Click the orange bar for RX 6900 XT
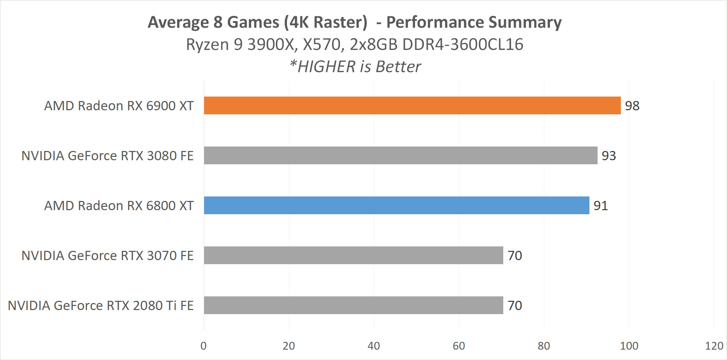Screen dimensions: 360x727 412,105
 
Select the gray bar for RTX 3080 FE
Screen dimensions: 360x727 400,155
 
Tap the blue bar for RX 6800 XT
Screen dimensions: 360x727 396,205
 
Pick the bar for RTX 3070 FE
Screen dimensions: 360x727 353,255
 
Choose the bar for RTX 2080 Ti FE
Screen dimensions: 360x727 353,305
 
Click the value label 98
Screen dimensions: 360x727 632,106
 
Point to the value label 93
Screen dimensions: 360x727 609,156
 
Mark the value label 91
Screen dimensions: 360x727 601,206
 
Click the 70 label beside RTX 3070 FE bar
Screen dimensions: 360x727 515,256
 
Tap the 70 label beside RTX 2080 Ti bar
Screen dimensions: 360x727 515,306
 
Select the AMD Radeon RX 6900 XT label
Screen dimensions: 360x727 119,106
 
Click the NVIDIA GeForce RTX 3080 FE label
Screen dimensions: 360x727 107,156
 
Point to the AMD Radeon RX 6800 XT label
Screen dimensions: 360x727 119,206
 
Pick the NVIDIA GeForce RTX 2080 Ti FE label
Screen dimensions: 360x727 101,306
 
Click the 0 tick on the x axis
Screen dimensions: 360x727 203,346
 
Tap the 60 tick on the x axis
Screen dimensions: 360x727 459,346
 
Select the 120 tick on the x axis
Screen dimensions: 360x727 714,346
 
